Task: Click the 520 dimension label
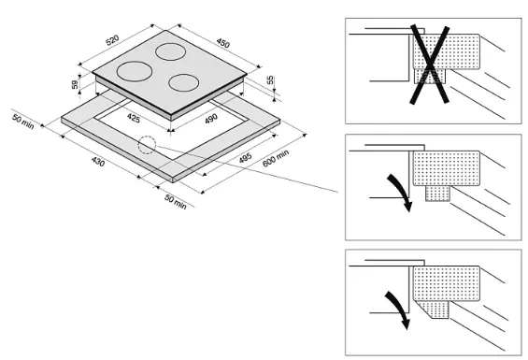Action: [x=112, y=40]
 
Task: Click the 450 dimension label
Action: [x=223, y=43]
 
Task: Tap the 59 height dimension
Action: [x=75, y=84]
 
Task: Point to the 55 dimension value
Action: [x=270, y=80]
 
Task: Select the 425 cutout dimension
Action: [x=134, y=118]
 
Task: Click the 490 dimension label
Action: [x=211, y=119]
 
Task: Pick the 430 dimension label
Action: [x=98, y=162]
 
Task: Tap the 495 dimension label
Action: [x=245, y=158]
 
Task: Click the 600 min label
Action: [x=276, y=158]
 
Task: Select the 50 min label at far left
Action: [x=23, y=122]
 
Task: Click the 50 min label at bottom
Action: [x=176, y=202]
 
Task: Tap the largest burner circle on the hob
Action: [x=135, y=71]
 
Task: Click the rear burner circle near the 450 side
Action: [x=171, y=52]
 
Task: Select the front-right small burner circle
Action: [x=183, y=83]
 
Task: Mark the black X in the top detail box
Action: [x=430, y=65]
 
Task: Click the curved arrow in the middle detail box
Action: [x=402, y=191]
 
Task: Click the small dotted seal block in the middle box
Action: [x=437, y=194]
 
